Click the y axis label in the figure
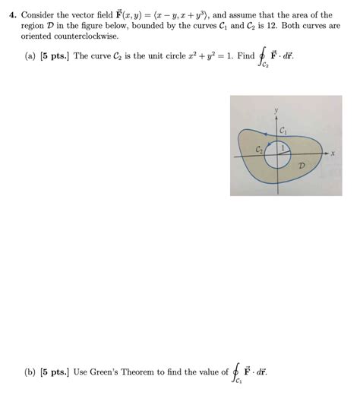coord(276,111)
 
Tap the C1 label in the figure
coord(283,131)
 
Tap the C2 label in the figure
coord(260,150)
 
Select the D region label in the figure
coord(302,164)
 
